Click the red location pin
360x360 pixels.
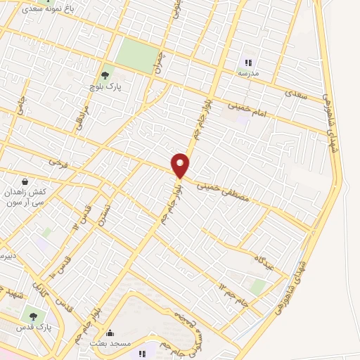181,165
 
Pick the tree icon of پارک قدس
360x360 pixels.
32,316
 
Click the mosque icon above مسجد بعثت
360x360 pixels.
109,333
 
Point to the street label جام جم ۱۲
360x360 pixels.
234,294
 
